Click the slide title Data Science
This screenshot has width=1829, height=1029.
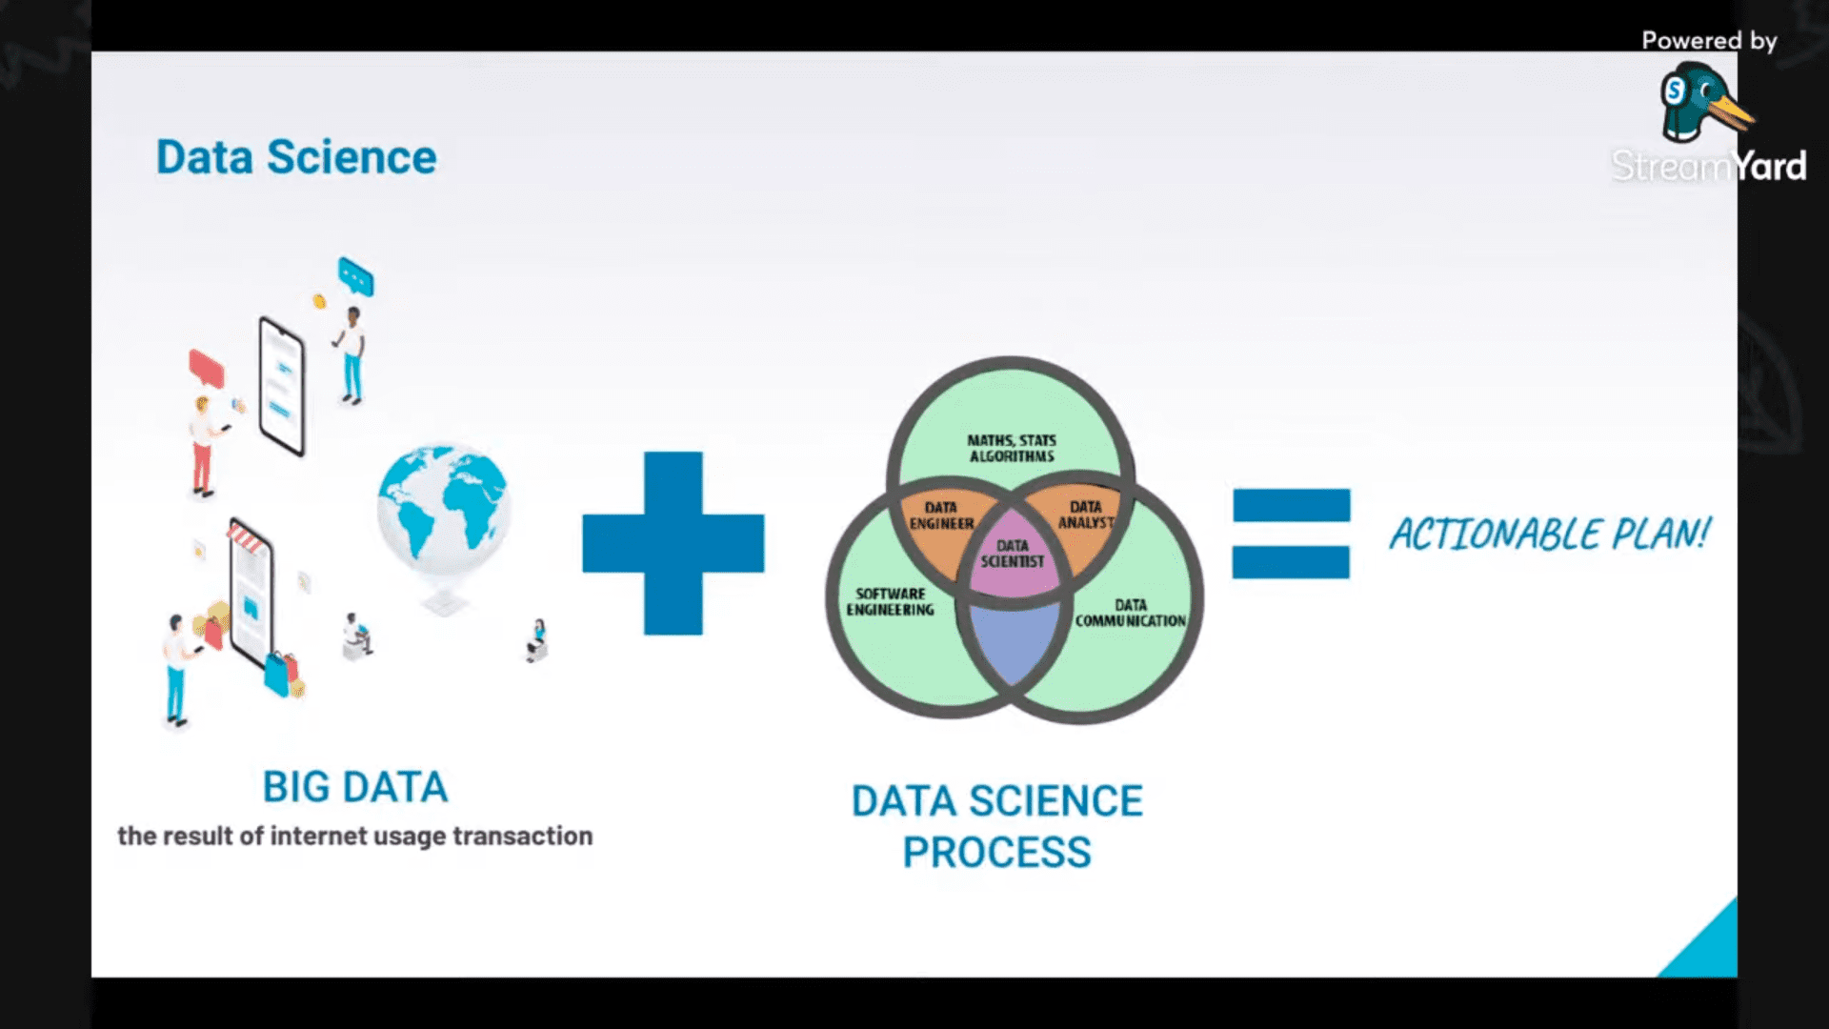coord(296,157)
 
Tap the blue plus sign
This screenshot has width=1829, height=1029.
coord(673,543)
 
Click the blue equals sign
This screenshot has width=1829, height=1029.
coord(1291,534)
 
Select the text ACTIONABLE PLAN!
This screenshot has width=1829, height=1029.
coord(1550,535)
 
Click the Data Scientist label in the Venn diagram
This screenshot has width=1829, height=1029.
coord(1013,554)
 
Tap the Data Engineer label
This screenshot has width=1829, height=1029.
coord(941,515)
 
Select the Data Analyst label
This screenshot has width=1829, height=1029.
coord(1086,514)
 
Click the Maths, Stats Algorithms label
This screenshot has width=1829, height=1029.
coord(1012,448)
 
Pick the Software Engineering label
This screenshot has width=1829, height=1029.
coord(890,601)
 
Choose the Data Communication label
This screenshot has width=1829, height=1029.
coord(1131,613)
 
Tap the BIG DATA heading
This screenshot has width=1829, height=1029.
coord(355,787)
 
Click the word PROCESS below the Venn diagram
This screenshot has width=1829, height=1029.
coord(996,853)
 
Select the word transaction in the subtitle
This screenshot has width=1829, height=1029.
coord(522,836)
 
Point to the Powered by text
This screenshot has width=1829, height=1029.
coord(1709,40)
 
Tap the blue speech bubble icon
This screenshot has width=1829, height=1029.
coord(356,276)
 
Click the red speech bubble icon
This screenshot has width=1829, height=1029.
coord(207,368)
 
